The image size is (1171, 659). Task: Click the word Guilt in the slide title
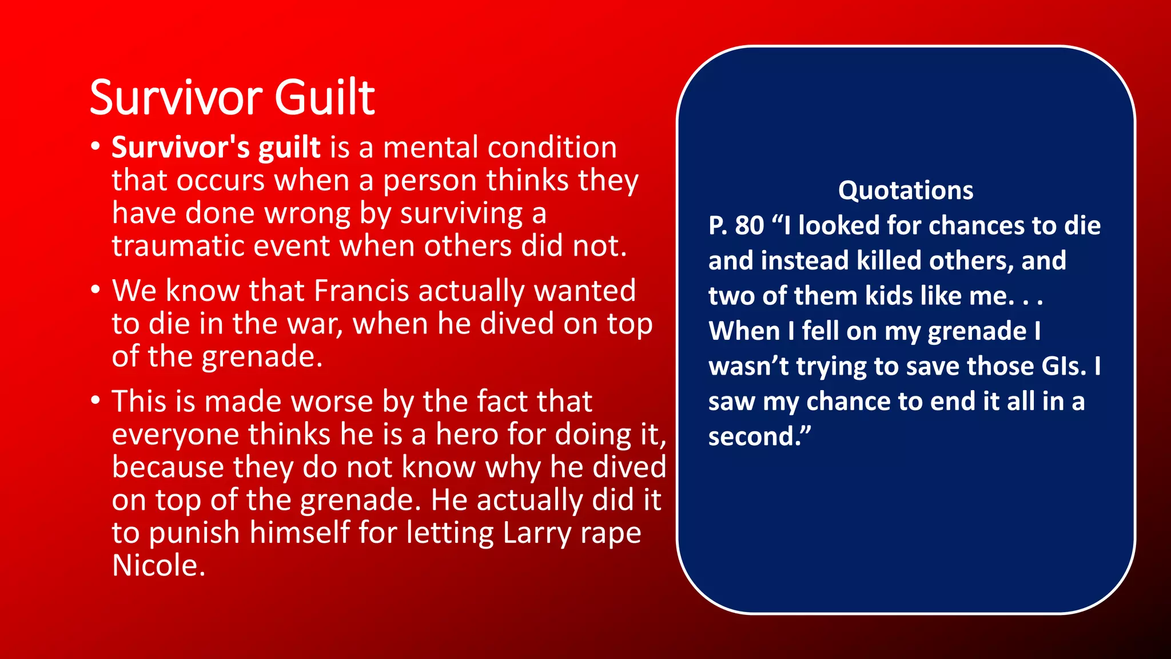(324, 97)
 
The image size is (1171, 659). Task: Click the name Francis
(361, 291)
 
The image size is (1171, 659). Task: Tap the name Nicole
(158, 566)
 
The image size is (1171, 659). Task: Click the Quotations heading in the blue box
(906, 190)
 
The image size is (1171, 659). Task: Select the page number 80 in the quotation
(749, 225)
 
